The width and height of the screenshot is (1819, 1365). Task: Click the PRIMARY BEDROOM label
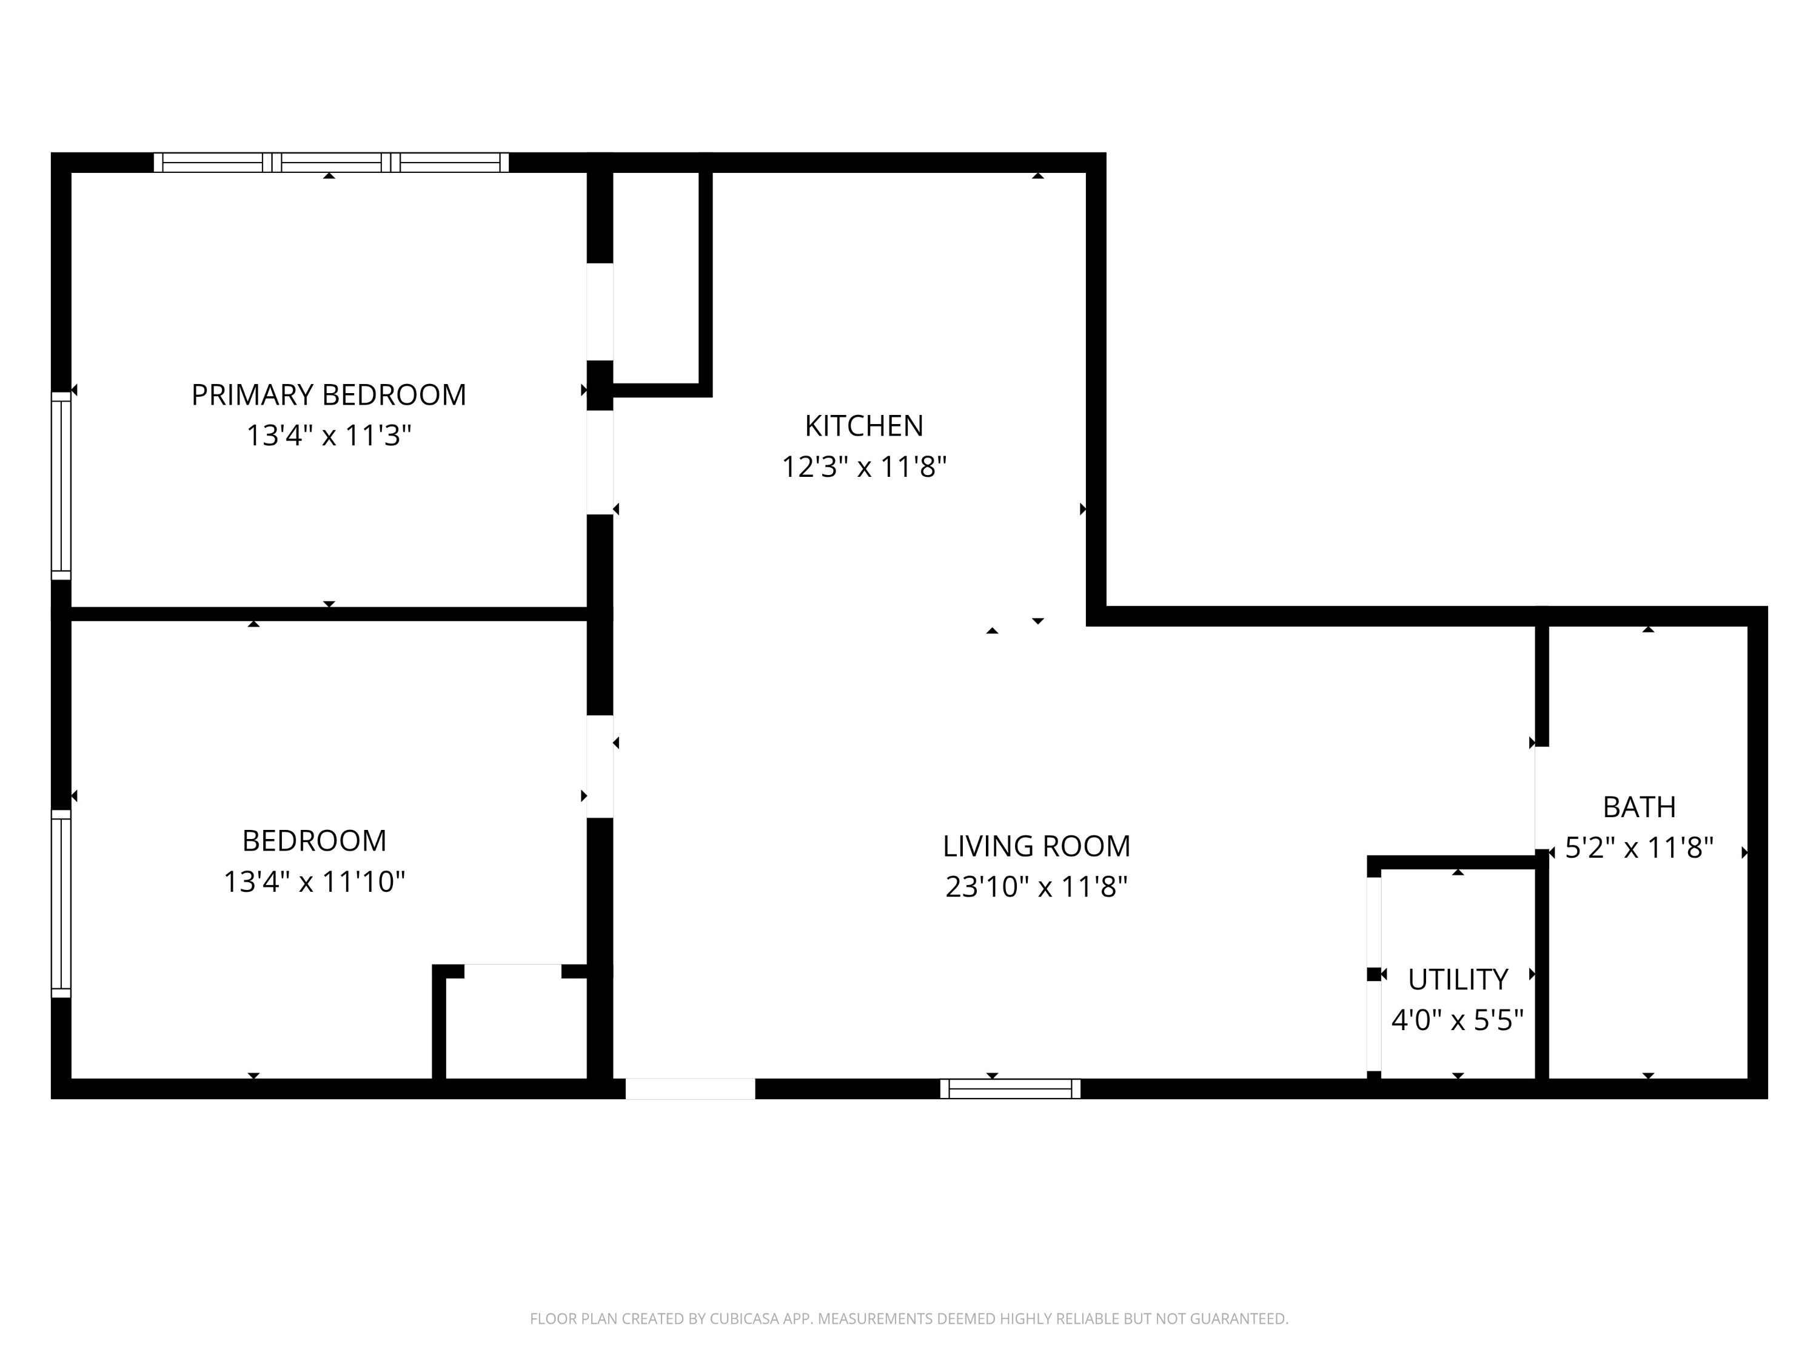328,395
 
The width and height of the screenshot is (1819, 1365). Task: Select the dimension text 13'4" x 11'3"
328,435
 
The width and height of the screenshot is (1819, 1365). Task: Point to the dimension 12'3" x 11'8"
863,467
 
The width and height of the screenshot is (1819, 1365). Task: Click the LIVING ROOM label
1036,846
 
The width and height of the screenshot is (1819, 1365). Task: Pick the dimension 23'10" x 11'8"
1036,887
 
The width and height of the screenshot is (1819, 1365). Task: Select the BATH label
1639,807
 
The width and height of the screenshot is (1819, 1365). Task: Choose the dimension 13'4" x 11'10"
314,882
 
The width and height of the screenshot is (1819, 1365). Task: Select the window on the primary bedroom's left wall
61,485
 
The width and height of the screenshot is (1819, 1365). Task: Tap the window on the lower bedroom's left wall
61,903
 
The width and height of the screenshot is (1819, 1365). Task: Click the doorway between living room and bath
1542,798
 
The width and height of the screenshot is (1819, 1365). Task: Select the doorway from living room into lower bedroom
600,766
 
